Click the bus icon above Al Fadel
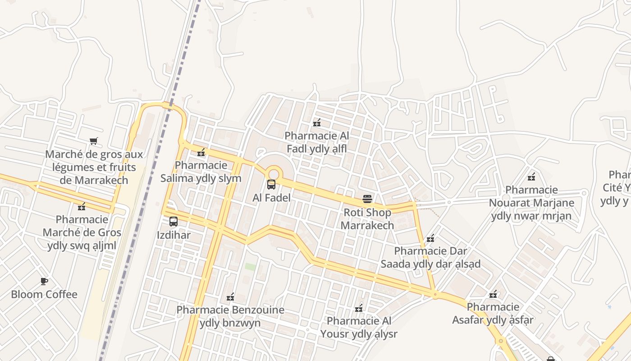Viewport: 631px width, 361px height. (x=271, y=184)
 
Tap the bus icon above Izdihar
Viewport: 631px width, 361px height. (x=174, y=222)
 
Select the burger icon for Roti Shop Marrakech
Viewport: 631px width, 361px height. (x=367, y=199)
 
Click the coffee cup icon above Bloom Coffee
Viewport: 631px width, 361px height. (x=44, y=281)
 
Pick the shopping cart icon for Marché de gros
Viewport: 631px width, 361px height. (x=93, y=141)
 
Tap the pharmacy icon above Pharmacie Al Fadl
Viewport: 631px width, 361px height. (x=317, y=122)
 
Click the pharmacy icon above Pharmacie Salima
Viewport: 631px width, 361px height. (x=201, y=153)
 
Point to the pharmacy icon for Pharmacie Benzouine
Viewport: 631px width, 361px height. (x=230, y=297)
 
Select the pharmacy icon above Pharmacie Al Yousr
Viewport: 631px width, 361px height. (x=359, y=308)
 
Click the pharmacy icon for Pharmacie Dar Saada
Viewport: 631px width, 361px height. (x=430, y=238)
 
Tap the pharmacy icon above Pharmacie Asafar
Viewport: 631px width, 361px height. (x=493, y=294)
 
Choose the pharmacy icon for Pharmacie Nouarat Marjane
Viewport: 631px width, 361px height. (x=531, y=176)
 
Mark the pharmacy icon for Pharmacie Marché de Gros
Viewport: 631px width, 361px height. (x=82, y=207)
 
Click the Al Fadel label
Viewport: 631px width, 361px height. (x=271, y=198)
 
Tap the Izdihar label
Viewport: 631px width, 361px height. (x=174, y=235)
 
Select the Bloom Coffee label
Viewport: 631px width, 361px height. (x=44, y=295)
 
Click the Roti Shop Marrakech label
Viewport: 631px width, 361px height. (x=367, y=218)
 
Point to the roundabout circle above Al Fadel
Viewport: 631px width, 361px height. (x=274, y=174)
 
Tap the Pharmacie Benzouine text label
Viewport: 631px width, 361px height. (x=230, y=316)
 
